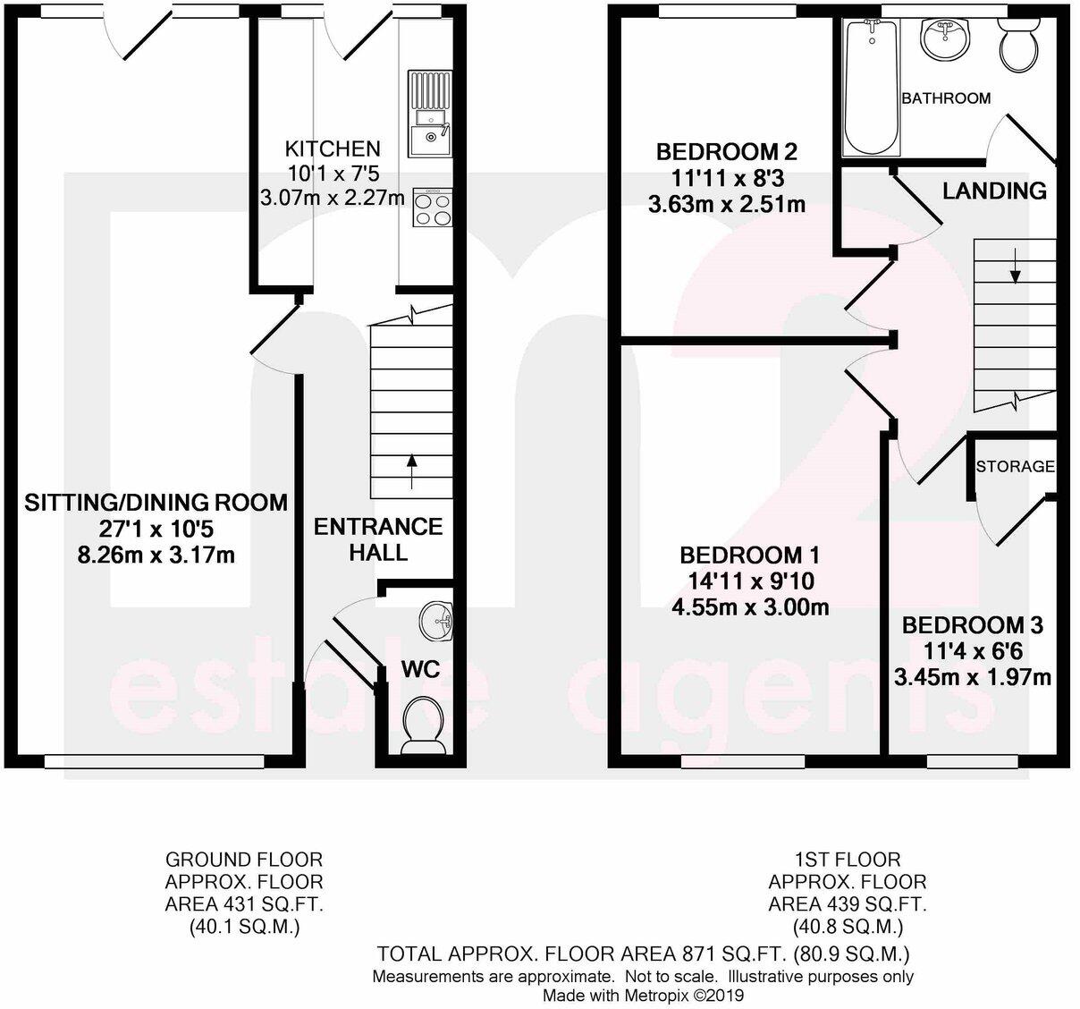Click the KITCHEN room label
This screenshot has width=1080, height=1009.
tap(332, 148)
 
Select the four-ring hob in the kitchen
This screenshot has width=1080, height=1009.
tap(431, 208)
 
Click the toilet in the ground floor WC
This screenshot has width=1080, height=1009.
tap(424, 724)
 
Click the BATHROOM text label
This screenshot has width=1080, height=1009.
tap(946, 98)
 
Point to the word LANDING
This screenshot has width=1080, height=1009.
tap(994, 191)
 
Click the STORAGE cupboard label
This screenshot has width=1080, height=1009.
tap(1015, 466)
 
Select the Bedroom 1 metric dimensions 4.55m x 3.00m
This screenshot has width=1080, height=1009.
tap(750, 608)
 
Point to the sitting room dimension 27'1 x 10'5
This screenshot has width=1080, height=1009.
tap(156, 529)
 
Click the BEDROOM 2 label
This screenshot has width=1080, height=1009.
tap(726, 151)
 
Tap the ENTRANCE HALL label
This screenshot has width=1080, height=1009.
tap(378, 538)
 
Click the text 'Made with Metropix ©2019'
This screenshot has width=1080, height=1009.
tap(643, 995)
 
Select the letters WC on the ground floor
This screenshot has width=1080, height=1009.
tap(420, 669)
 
